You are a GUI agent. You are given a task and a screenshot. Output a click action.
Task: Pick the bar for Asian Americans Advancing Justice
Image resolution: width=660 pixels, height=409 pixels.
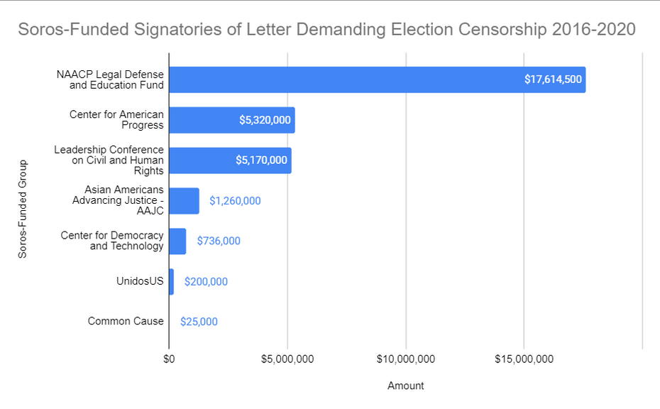tap(184, 201)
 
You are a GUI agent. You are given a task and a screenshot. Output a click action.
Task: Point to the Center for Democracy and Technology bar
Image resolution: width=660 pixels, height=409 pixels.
tap(177, 241)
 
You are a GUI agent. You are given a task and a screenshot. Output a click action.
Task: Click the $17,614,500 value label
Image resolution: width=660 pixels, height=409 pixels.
tap(553, 80)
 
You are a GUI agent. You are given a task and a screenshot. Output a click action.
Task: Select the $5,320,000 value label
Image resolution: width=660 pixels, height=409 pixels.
tap(265, 120)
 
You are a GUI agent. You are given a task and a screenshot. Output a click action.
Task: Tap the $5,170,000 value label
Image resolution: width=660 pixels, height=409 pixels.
tap(261, 160)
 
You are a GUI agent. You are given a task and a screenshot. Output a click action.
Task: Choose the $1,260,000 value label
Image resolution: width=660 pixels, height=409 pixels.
tap(235, 201)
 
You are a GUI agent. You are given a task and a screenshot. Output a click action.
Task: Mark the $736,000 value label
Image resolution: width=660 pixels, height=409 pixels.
tap(219, 241)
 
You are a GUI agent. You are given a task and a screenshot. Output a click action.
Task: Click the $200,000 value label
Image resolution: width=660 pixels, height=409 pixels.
tap(206, 281)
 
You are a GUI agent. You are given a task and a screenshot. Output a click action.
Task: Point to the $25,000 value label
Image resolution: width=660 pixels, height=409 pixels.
tap(199, 322)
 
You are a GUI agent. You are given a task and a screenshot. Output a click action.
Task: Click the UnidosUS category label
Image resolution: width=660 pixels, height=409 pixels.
tap(140, 281)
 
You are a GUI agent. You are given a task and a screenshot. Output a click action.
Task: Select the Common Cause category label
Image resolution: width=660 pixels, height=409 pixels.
tap(126, 321)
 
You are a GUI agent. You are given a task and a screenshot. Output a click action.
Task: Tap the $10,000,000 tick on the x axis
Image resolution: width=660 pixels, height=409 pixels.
tap(405, 359)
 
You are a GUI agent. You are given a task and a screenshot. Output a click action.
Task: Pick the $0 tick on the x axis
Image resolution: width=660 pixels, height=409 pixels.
tap(169, 359)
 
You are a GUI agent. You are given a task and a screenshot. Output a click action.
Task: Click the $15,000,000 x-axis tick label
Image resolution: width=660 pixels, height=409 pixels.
tap(524, 359)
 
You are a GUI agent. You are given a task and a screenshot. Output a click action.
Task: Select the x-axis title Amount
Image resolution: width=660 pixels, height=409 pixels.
tap(405, 386)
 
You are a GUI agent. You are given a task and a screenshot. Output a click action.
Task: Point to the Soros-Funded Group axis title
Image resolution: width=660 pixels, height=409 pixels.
tap(23, 209)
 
